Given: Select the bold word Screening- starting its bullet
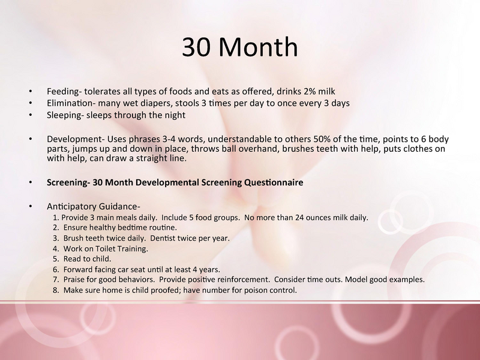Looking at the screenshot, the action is point(68,183).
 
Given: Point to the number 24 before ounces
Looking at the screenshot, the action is point(299,218).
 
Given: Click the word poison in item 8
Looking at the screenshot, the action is point(255,290).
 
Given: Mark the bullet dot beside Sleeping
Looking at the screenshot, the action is point(31,115).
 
